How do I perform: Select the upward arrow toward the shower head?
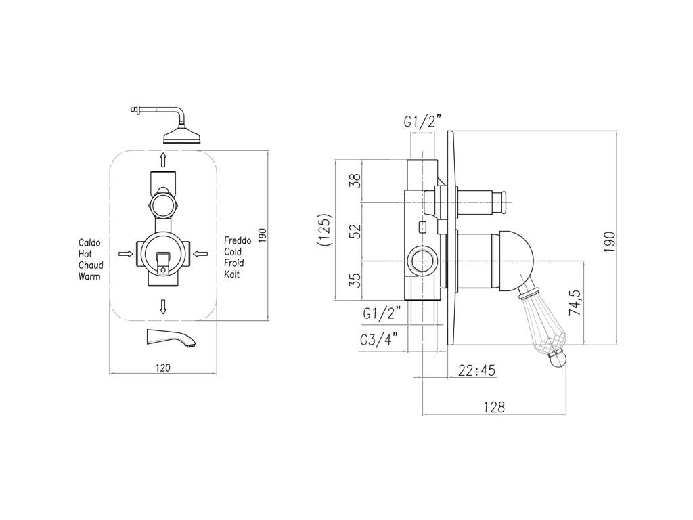pos(163,160)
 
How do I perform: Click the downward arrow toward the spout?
pos(163,306)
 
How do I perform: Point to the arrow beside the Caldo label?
pos(125,253)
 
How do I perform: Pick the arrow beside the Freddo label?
pos(200,253)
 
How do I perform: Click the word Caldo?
pos(89,242)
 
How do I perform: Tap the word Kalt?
pos(232,274)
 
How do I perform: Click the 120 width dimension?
pos(163,368)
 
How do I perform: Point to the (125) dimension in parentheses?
pos(326,230)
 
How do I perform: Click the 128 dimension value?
pos(495,407)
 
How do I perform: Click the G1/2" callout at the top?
pos(422,122)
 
